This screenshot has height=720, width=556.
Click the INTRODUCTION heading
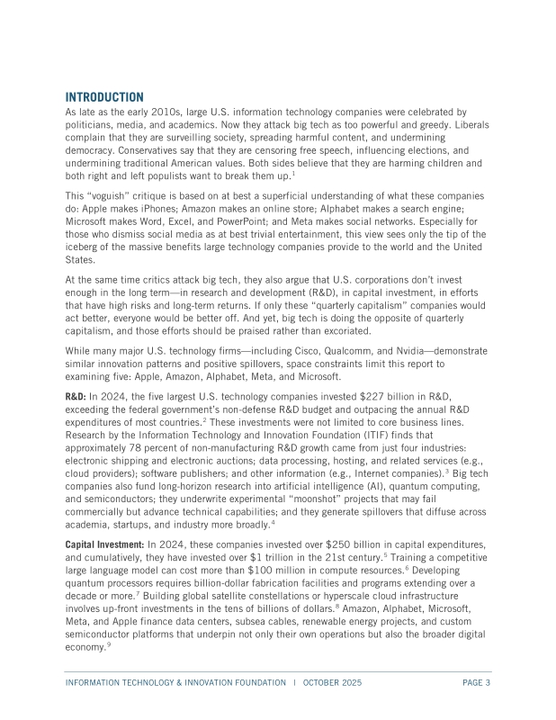[104, 96]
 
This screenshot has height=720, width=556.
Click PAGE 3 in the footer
[476, 683]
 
